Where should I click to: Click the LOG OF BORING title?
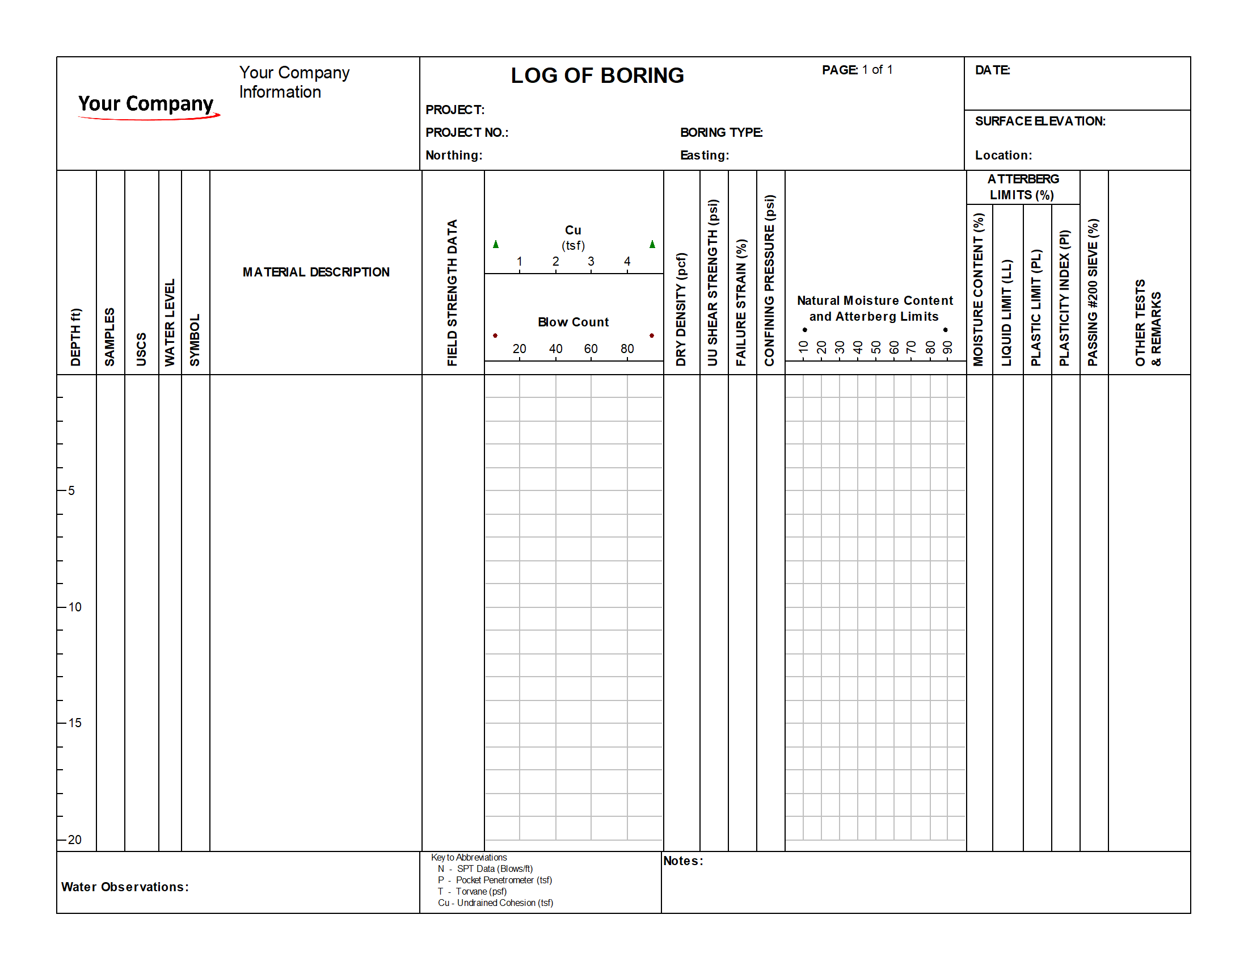coord(597,75)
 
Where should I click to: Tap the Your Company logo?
coord(147,106)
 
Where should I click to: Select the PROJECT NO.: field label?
coord(467,133)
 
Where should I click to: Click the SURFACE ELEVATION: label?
coord(1040,121)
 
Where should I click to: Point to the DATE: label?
coord(993,70)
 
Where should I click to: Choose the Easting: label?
coord(705,156)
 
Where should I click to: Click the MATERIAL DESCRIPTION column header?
coord(316,272)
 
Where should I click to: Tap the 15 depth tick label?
coord(75,723)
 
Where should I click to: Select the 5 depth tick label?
coord(71,491)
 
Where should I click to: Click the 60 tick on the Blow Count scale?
coord(591,349)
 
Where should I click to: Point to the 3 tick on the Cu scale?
coord(591,261)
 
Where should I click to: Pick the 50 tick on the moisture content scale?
coord(875,347)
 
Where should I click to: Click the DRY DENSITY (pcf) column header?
coord(681,309)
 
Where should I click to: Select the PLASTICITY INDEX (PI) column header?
coord(1064,298)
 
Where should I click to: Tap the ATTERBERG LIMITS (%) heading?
coord(1023,187)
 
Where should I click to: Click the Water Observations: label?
coord(125,887)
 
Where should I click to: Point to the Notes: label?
coord(683,862)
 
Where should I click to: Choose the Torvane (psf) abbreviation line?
coord(473,892)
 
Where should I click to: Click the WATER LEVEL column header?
coord(170,322)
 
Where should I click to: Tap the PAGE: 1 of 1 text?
coord(857,70)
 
